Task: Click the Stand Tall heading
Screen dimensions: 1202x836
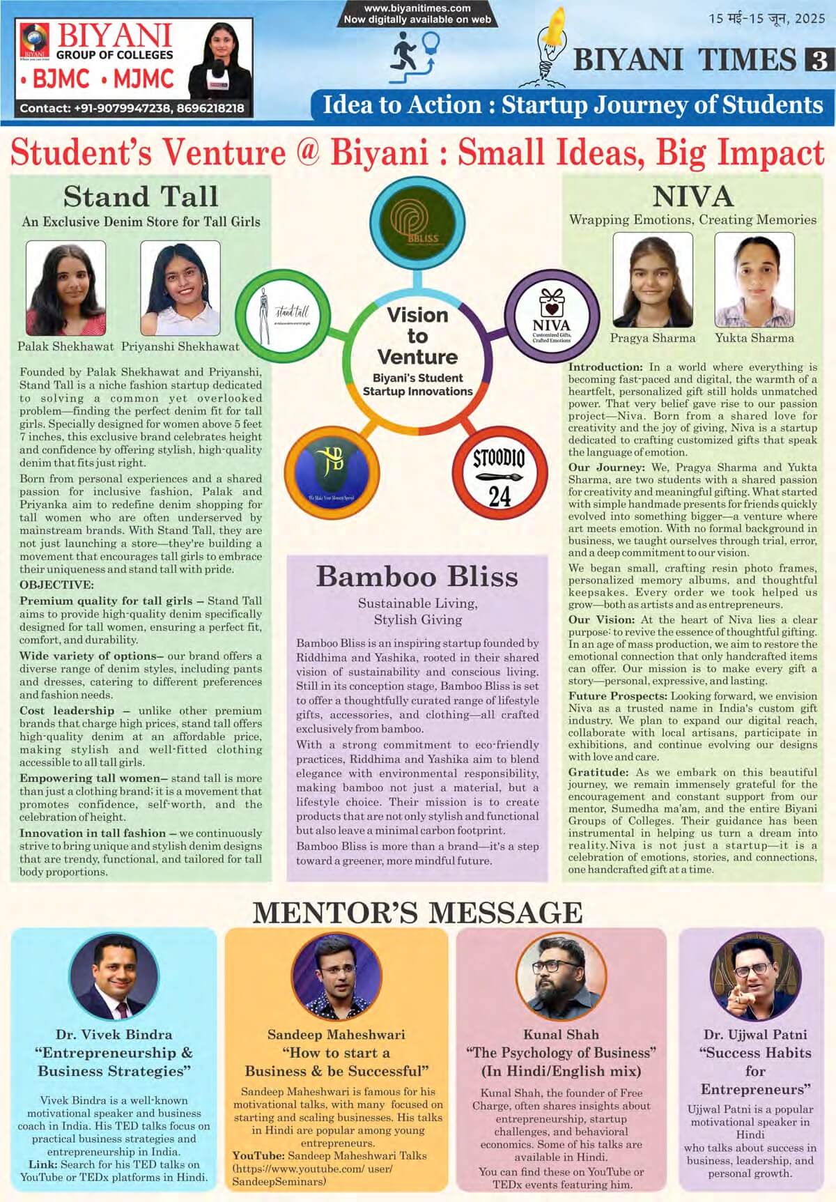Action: [x=141, y=197]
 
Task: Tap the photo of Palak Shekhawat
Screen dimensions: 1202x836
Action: [x=65, y=288]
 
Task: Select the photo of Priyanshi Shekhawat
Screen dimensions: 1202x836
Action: [x=180, y=288]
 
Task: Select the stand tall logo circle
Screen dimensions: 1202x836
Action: [x=283, y=316]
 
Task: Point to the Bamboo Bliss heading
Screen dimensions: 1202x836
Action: [x=417, y=577]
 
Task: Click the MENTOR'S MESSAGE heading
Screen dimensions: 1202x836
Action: [x=417, y=912]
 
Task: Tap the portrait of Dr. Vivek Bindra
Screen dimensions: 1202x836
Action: [x=115, y=977]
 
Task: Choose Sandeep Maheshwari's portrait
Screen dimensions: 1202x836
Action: [x=336, y=977]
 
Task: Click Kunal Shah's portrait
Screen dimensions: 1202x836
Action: [x=562, y=977]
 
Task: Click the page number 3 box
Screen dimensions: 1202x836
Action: [x=816, y=61]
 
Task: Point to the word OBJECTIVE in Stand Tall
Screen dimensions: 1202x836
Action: [x=56, y=585]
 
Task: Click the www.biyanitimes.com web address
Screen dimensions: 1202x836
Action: [x=417, y=8]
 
